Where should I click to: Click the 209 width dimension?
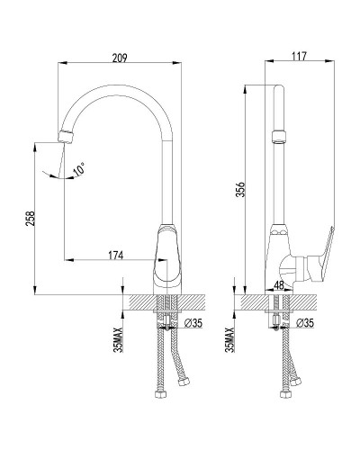coord(120,58)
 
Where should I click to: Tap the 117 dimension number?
coord(299,56)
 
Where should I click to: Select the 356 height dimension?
coord(240,189)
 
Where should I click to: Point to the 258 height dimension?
coord(31,218)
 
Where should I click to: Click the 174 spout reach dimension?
coord(116,256)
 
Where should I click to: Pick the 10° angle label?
coord(79,169)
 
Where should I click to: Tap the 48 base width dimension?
coord(279,285)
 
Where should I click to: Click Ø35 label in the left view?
coord(193,323)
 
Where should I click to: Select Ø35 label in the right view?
coord(304,323)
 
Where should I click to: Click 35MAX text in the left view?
coord(119,339)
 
